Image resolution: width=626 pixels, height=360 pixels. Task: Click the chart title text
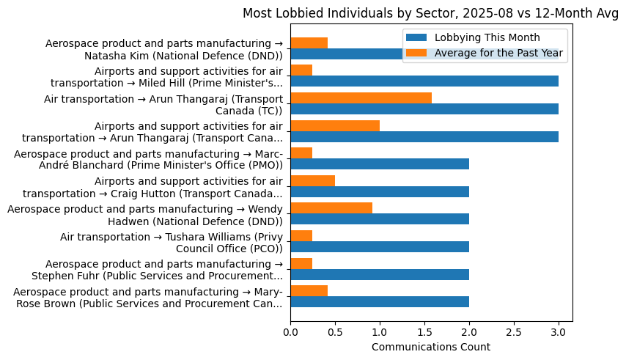pyautogui.click(x=430, y=12)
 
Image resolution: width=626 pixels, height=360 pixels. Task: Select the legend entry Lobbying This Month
pyautogui.click(x=487, y=37)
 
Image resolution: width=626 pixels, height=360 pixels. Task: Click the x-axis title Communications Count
pyautogui.click(x=431, y=347)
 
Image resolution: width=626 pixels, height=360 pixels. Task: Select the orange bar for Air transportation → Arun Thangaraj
pyautogui.click(x=361, y=98)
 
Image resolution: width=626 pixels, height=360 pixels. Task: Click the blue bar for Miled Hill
pyautogui.click(x=424, y=81)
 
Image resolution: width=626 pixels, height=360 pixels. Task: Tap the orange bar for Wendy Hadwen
pyautogui.click(x=331, y=208)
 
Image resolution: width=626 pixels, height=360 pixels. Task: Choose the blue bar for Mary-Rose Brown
pyautogui.click(x=380, y=301)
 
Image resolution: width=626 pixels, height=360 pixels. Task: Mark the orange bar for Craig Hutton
pyautogui.click(x=313, y=180)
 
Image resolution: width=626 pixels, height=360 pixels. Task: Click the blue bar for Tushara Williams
pyautogui.click(x=380, y=246)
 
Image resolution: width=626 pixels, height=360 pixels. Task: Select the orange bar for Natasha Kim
pyautogui.click(x=309, y=43)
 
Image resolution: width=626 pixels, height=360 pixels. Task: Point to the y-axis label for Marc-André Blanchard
pyautogui.click(x=148, y=159)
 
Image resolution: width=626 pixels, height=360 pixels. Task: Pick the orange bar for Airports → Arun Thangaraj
pyautogui.click(x=335, y=125)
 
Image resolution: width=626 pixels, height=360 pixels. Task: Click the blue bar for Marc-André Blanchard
pyautogui.click(x=380, y=164)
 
